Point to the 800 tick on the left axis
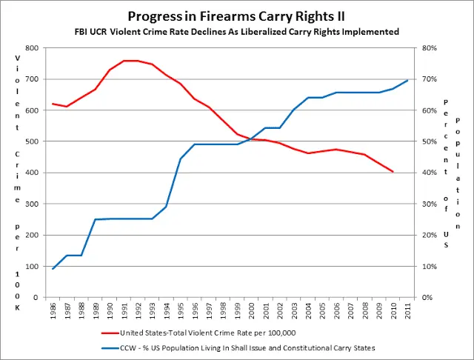(x=33, y=48)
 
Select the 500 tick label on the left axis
(x=33, y=141)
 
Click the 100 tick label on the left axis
(x=33, y=267)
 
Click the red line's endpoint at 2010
(x=393, y=172)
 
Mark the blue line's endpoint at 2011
(x=407, y=80)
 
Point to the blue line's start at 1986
(x=53, y=269)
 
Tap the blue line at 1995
(x=180, y=159)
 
